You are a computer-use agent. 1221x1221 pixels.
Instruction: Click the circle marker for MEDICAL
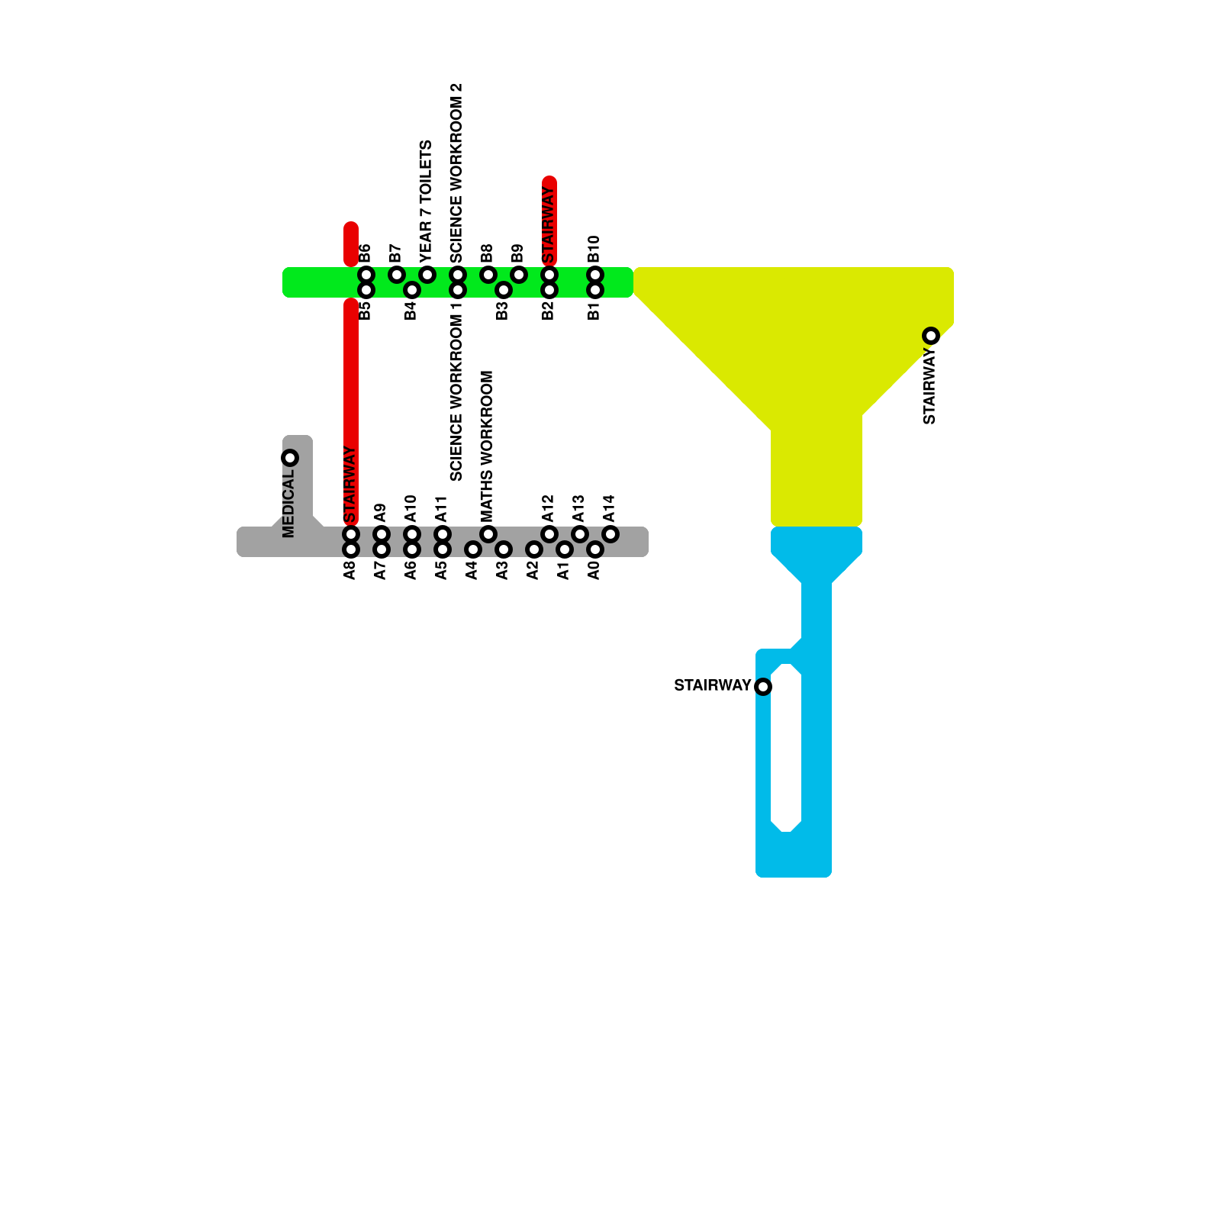pos(290,458)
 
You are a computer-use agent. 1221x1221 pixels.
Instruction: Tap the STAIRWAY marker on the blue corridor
pos(763,687)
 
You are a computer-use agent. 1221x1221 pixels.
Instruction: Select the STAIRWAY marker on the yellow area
pos(931,336)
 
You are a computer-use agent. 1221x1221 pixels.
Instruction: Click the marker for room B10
pos(595,275)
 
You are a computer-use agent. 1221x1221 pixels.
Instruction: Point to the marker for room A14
pos(610,534)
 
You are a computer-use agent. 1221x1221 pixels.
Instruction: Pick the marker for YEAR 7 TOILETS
pos(427,275)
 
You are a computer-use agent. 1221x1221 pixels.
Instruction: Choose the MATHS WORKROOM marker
pos(488,534)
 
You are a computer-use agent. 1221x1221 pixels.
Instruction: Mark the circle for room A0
pos(595,549)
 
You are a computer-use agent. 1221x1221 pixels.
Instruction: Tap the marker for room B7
pos(397,275)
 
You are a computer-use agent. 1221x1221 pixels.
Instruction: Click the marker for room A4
pos(473,549)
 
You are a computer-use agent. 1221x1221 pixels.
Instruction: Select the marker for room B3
pos(504,290)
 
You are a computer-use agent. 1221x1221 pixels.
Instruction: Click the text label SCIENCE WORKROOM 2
pos(456,172)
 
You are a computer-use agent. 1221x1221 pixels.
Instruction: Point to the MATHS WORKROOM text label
pos(487,446)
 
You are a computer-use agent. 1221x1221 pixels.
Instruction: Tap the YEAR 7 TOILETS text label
pos(426,200)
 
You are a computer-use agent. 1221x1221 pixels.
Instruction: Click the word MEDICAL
pos(288,504)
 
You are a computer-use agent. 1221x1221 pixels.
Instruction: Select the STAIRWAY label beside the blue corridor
pos(712,685)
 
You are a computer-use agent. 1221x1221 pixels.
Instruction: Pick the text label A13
pos(578,508)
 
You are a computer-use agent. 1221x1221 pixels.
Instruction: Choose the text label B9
pos(517,253)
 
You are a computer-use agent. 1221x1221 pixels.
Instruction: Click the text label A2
pos(533,569)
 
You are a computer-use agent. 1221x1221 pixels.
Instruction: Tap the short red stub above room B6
pos(351,243)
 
